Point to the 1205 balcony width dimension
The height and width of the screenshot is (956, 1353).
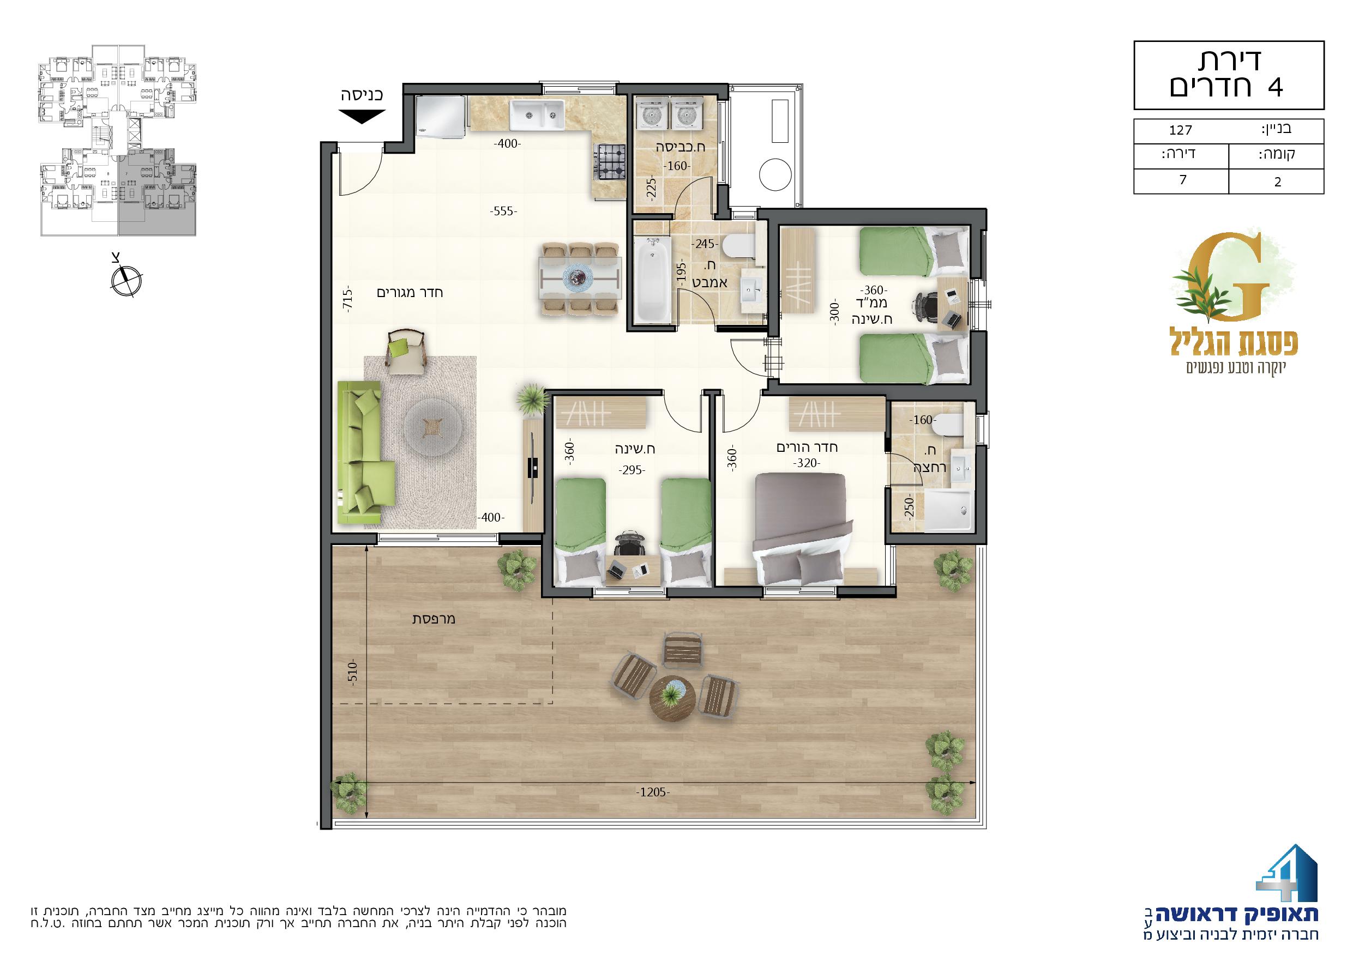tap(653, 792)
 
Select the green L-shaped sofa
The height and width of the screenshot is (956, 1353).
tap(366, 452)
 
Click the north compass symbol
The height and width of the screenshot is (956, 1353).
tap(126, 280)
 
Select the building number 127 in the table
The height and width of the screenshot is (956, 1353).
tap(1180, 130)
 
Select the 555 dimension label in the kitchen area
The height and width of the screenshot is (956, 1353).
tap(503, 211)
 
